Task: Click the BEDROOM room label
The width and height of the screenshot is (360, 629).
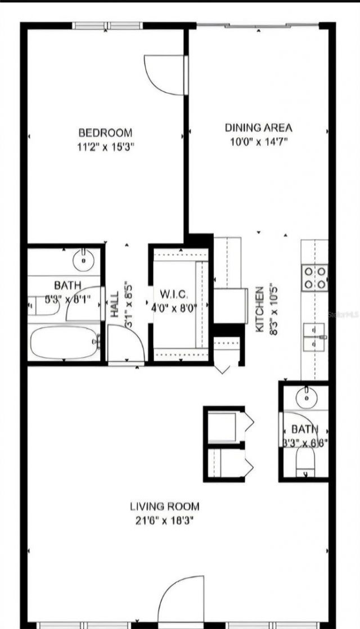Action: [x=105, y=133]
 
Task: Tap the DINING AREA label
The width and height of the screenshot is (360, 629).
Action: [x=259, y=128]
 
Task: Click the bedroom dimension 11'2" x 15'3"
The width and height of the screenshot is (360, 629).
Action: [x=105, y=147]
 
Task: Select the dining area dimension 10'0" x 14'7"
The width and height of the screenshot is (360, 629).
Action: [x=259, y=142]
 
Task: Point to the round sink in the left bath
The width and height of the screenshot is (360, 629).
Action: [x=84, y=260]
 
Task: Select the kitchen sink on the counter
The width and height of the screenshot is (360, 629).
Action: [x=315, y=336]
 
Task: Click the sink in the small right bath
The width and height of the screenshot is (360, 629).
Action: [x=307, y=398]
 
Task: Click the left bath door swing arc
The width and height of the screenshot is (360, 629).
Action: [x=84, y=307]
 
